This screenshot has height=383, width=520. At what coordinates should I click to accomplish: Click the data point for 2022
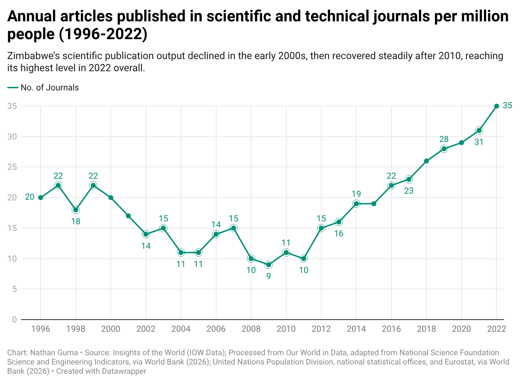coord(496,106)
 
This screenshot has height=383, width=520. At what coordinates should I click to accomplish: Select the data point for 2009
coord(269,264)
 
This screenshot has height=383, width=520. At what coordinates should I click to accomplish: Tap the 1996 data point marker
coord(41,198)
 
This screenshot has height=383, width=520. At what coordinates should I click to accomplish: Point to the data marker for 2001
coord(128,216)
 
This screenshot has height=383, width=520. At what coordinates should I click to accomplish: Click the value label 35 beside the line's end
coord(507,105)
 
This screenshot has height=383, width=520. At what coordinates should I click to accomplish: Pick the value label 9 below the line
coord(269,276)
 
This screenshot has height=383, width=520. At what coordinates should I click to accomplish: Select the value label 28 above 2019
coord(444,139)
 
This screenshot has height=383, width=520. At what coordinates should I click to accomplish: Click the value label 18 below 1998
coord(76,221)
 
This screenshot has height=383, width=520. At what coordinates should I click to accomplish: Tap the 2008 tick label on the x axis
coord(251,329)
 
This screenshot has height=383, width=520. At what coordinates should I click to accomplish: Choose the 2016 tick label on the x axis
coord(391,329)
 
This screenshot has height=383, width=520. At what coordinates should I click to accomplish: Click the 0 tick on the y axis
coord(14,320)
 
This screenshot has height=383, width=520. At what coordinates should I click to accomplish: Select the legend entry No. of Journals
coord(50,88)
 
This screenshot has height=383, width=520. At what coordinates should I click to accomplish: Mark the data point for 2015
coord(374,204)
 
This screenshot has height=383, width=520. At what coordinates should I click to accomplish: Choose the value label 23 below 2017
coord(409,191)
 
